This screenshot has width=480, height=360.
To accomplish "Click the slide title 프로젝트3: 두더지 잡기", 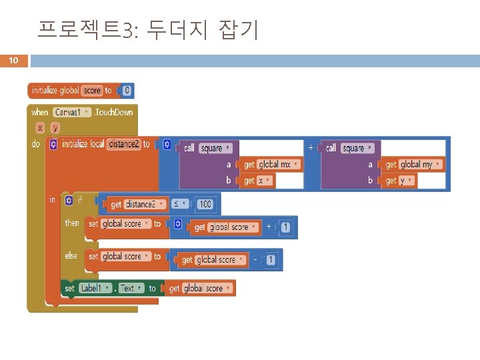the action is (x=147, y=29).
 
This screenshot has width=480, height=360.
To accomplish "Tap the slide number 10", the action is (x=13, y=61).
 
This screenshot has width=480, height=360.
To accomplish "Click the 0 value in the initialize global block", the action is (x=127, y=90).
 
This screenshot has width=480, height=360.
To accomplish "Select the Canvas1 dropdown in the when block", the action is (x=71, y=112).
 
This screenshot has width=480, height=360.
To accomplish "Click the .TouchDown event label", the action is (x=113, y=112).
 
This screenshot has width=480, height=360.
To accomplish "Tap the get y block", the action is (x=396, y=180).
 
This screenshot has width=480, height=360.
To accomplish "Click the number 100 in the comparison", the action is (x=205, y=204).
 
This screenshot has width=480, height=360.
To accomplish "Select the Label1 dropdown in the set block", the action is (x=94, y=288).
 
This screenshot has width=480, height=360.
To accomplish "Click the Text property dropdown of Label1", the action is (x=129, y=288).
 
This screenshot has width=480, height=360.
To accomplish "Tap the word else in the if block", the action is (x=71, y=255).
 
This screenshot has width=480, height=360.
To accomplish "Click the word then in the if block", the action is (x=71, y=223).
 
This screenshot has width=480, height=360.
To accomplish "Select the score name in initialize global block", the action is (x=92, y=90).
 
